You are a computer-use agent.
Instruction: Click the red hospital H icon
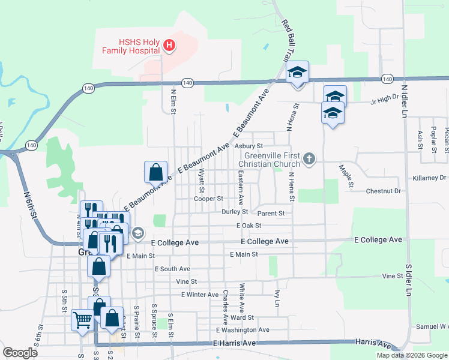pos(169,45)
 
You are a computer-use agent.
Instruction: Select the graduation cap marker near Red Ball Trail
pos(297,73)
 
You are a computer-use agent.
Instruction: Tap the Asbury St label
pos(249,146)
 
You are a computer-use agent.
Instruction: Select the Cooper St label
pos(208,199)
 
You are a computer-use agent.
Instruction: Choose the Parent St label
pos(271,213)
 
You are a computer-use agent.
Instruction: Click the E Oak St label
pos(249,226)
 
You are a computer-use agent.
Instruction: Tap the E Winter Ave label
pos(200,295)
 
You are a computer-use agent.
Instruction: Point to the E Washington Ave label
pos(243,330)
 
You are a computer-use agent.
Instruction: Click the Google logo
pos(20,353)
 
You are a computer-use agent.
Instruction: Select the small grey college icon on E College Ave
pos(137,233)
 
